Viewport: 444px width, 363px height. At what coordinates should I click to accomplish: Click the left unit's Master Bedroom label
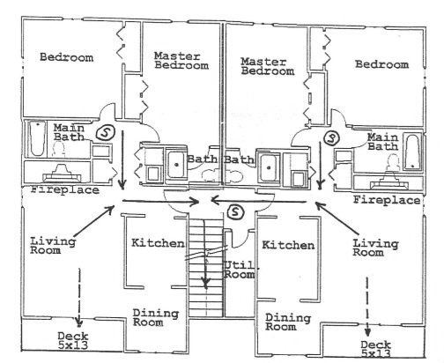[181, 61]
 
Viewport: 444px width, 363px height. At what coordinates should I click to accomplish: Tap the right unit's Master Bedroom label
[268, 66]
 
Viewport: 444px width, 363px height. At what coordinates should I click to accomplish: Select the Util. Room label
[240, 270]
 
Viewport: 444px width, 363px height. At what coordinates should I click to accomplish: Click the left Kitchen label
[158, 243]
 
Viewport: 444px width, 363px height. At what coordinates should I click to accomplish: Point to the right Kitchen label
[288, 245]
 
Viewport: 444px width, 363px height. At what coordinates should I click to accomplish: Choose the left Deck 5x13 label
[73, 340]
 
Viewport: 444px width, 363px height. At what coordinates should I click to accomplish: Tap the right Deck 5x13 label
[376, 349]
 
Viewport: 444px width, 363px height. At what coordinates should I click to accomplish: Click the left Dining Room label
[156, 317]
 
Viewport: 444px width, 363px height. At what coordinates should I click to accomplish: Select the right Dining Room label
[288, 322]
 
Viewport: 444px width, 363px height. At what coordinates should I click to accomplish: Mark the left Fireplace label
[65, 189]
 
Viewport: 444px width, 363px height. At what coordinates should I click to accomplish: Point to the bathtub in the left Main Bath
[38, 138]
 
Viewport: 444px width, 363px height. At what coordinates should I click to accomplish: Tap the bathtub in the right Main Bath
[412, 152]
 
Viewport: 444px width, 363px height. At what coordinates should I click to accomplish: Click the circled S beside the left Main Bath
[104, 132]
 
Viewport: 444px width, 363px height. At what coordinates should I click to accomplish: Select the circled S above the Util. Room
[236, 211]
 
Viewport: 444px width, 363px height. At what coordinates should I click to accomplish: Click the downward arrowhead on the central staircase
[206, 283]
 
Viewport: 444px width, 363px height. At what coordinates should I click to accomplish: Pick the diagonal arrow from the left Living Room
[94, 220]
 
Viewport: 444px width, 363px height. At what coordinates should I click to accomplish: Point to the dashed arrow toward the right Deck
[367, 307]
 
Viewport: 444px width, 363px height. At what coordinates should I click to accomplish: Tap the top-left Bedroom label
[67, 57]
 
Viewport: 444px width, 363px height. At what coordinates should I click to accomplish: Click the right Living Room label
[375, 248]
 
